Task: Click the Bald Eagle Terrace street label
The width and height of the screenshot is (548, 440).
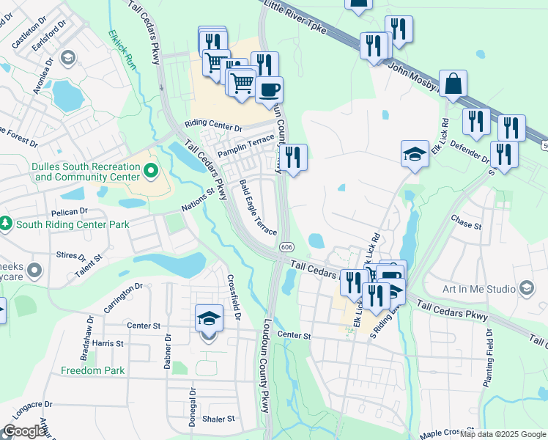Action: point(259,208)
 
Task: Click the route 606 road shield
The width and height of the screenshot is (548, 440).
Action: point(286,248)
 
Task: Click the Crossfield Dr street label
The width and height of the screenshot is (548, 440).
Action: point(234,296)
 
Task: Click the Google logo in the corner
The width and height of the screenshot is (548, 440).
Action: point(24,430)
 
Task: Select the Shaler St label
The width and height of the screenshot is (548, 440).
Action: point(219,419)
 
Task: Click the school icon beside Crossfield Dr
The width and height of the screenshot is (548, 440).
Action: point(208,319)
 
